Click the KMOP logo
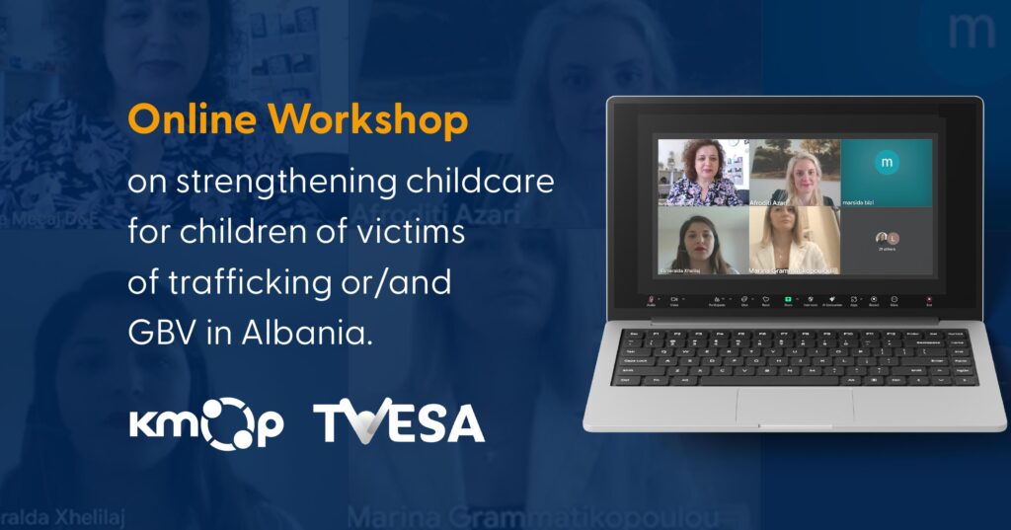(206, 422)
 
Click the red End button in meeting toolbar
(928, 299)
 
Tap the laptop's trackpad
(795, 404)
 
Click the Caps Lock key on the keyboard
(632, 359)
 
